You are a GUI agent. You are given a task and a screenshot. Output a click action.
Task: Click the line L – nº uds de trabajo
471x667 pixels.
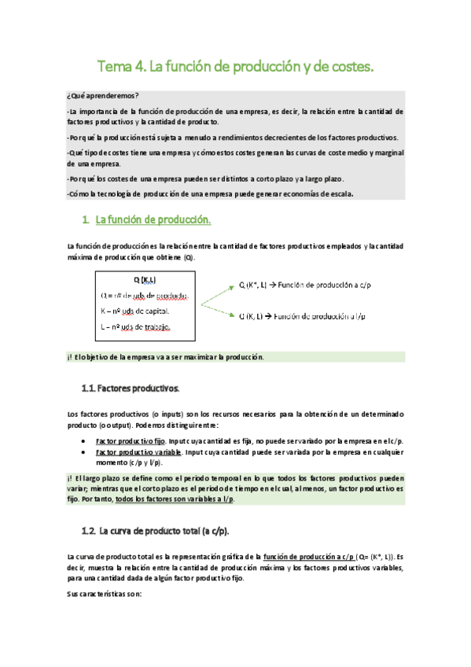coord(136,327)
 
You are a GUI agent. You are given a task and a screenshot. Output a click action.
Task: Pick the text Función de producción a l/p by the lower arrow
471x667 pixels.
coord(329,316)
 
